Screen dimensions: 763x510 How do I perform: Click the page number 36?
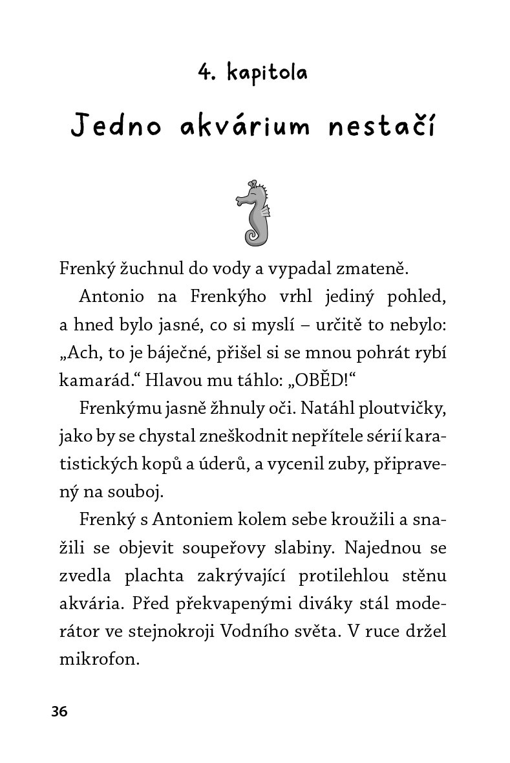point(59,712)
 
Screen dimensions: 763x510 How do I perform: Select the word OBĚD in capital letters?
point(323,380)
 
